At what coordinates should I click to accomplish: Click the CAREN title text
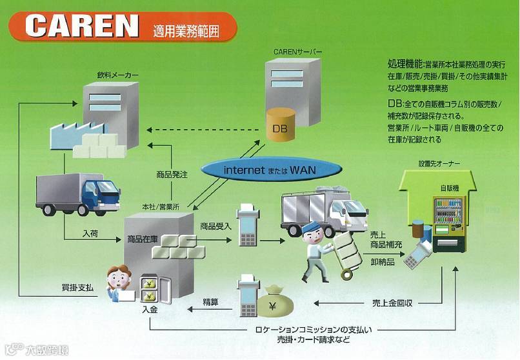[83, 25]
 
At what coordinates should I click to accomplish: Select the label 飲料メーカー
[117, 75]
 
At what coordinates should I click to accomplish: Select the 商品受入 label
[216, 226]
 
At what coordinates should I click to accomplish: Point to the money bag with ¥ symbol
[275, 303]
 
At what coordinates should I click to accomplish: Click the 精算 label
[210, 301]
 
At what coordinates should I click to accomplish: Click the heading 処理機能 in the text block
[405, 65]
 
